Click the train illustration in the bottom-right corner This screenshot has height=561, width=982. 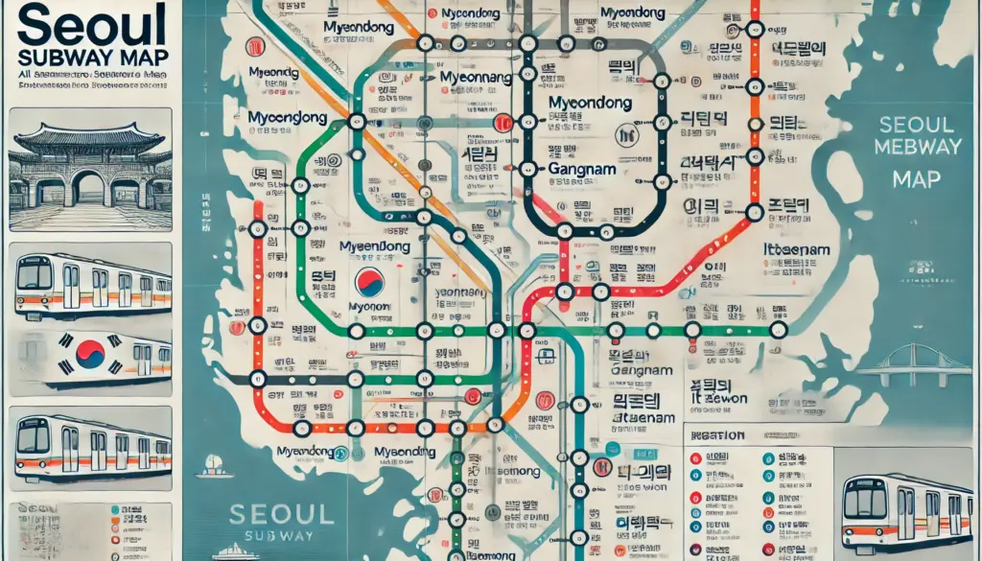(904, 509)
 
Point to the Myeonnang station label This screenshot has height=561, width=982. (476, 78)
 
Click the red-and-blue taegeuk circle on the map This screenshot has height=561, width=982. (369, 281)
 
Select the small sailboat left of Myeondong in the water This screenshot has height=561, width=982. (214, 465)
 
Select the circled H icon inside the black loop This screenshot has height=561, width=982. (629, 135)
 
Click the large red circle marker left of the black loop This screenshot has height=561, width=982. (501, 122)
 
